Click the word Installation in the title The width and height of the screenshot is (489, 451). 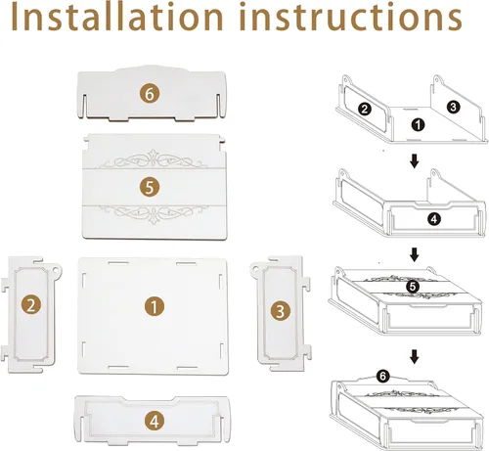pos(117,17)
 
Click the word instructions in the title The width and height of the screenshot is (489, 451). pos(351,17)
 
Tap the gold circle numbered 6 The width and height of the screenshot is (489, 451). pos(150,94)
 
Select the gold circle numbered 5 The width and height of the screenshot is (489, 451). pos(150,188)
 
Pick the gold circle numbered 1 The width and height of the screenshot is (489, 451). pos(155,306)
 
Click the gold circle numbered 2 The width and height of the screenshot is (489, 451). pos(31,305)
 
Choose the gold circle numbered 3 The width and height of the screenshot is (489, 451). pos(281,310)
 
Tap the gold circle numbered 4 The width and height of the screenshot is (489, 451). pos(155,421)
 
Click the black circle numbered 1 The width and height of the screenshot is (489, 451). pos(418,125)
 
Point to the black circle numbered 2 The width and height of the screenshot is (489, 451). pos(365,109)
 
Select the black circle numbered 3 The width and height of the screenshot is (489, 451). pos(453,107)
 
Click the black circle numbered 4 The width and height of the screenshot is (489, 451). pos(434,219)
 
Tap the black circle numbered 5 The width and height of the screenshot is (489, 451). pos(413,287)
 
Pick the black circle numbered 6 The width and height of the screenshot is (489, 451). pos(382,376)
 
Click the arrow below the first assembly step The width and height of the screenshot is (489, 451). pos(414,161)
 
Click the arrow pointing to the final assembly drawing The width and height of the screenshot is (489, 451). pos(414,357)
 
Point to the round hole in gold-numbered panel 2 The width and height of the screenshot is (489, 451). pos(56,270)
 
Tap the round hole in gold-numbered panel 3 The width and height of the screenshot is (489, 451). pos(255,269)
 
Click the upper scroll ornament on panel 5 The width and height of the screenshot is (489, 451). pos(153,159)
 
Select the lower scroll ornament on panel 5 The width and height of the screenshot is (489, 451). pos(153,214)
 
